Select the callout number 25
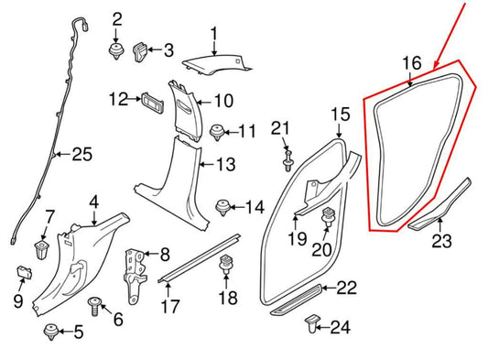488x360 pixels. point(81,155)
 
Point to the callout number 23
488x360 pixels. point(441,244)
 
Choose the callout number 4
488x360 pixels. point(93,202)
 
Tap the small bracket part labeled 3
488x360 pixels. point(141,49)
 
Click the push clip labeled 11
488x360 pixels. point(219,132)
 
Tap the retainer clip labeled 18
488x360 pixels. point(226,267)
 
